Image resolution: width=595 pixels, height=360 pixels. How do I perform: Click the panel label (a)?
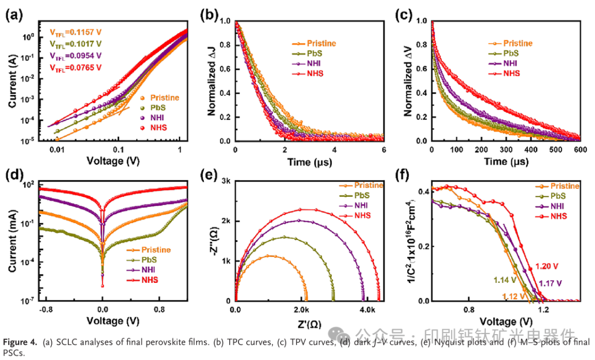13,15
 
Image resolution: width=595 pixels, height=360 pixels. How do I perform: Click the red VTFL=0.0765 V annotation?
75,67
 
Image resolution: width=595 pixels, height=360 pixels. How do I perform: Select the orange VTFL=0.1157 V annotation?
75,31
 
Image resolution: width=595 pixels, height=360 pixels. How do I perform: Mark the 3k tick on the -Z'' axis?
225,181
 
